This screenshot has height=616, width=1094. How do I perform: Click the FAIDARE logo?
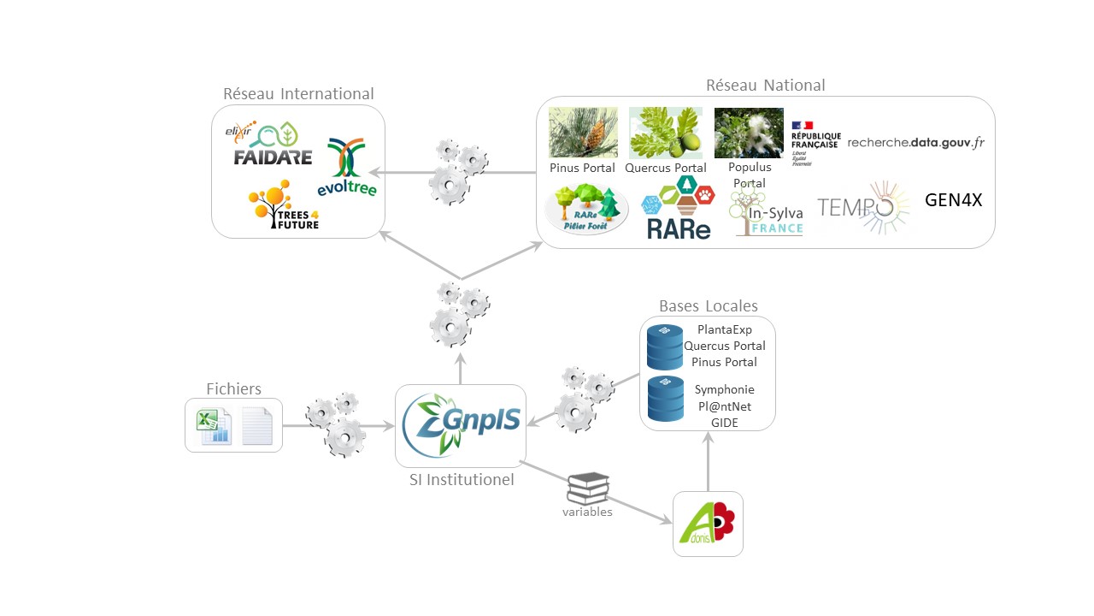(x=273, y=145)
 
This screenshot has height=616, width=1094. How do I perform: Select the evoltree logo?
(x=346, y=167)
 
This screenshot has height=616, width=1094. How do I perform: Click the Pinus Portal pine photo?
(x=583, y=133)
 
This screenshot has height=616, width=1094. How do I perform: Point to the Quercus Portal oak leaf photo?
(x=665, y=133)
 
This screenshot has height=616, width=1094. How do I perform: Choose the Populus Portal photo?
(x=749, y=133)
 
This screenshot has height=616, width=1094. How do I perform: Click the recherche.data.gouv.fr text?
(x=915, y=142)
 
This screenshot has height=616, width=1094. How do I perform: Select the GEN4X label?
(x=954, y=201)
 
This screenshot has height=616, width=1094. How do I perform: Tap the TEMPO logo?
(x=863, y=207)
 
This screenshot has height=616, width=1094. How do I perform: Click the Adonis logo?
(x=708, y=524)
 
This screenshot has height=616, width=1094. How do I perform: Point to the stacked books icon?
(x=588, y=489)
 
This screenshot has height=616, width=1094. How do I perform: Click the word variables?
(x=587, y=512)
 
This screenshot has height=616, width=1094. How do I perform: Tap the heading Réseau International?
(x=298, y=94)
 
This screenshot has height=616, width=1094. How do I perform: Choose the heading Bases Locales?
(x=708, y=306)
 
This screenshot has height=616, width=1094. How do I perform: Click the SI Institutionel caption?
(x=461, y=480)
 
